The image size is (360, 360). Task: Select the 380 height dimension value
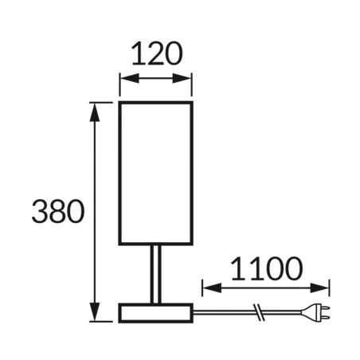pyautogui.click(x=58, y=211)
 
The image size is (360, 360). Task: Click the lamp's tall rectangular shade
pyautogui.click(x=156, y=173)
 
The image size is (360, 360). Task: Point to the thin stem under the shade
pyautogui.click(x=156, y=275)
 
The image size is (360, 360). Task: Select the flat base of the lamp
pyautogui.click(x=156, y=312)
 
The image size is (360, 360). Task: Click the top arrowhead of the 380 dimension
pyautogui.click(x=96, y=108)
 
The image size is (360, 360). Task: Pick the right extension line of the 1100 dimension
pyautogui.click(x=331, y=288)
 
